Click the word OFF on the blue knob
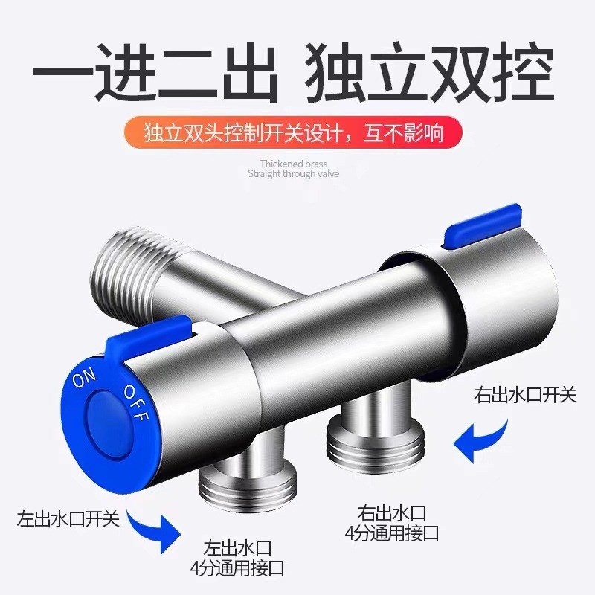(x=136, y=402)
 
